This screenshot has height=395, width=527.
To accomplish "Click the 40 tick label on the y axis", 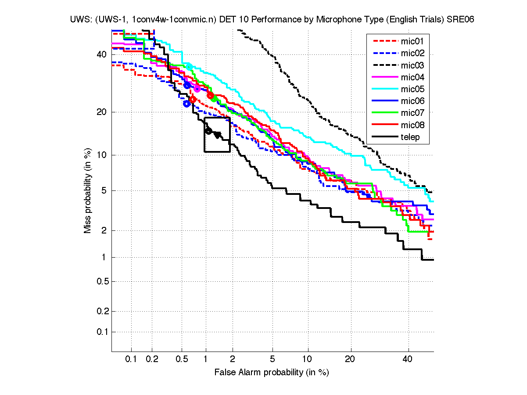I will [102, 54].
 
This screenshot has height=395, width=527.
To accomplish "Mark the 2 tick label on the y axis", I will [104, 231].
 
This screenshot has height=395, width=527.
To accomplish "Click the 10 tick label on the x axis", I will [308, 359].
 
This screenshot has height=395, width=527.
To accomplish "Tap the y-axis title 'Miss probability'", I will [88, 191].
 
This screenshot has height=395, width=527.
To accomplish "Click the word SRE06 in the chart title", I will [460, 20].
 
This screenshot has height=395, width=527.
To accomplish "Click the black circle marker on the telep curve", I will [209, 131].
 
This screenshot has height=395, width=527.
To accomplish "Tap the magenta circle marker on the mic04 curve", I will [197, 89].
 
